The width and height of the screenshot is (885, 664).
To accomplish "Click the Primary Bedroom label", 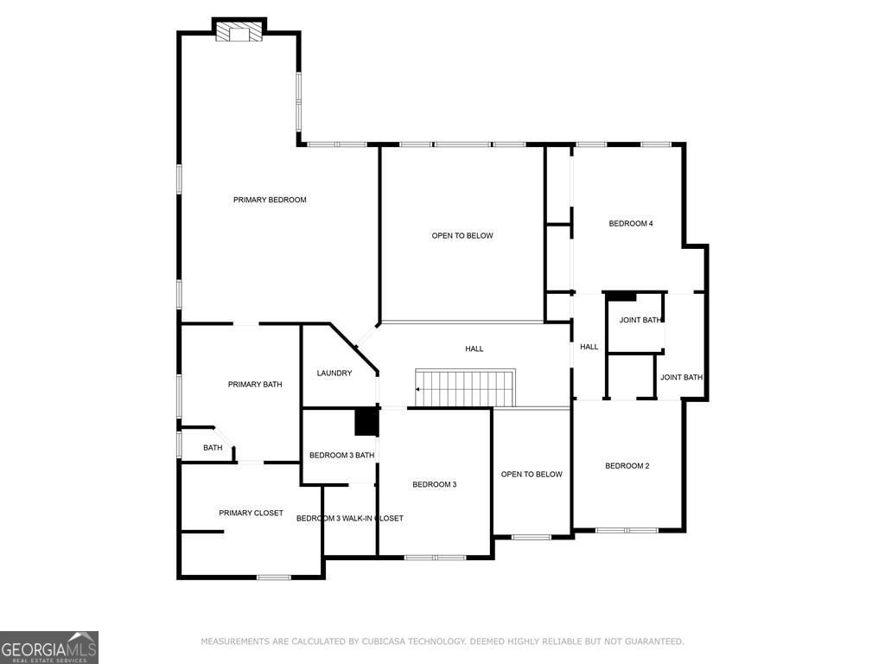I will tap(270, 200).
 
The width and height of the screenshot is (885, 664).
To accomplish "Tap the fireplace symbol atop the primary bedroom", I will tap(239, 32).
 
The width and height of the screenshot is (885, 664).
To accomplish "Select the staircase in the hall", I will tap(466, 386).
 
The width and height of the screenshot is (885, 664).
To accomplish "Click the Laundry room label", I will tap(334, 373).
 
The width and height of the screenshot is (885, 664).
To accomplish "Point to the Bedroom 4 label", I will tap(630, 224).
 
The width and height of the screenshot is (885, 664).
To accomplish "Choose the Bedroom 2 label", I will tap(627, 466).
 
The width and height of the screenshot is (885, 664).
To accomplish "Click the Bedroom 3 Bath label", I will tap(341, 456).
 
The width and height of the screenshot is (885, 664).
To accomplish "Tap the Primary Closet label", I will tap(251, 513).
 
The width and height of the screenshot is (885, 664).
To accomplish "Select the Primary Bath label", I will tap(255, 385).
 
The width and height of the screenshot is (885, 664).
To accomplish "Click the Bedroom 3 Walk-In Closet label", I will tap(349, 519).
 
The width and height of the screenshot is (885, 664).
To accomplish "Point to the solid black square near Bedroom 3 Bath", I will tap(367, 422).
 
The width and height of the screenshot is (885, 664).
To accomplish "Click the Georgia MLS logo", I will tap(49, 648).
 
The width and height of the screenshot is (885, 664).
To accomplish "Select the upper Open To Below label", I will tap(462, 236).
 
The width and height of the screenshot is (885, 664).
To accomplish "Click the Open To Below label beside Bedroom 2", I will tap(532, 475).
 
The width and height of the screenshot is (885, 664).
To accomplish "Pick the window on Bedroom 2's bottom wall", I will tap(627, 529).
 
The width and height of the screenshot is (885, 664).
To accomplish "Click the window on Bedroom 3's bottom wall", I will tap(436, 557).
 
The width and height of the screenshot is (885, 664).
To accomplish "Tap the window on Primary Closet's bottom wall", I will tap(274, 577).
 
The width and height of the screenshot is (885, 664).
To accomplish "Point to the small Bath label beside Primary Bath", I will tap(213, 448).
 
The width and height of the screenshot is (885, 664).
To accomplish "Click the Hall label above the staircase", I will tap(474, 349).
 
